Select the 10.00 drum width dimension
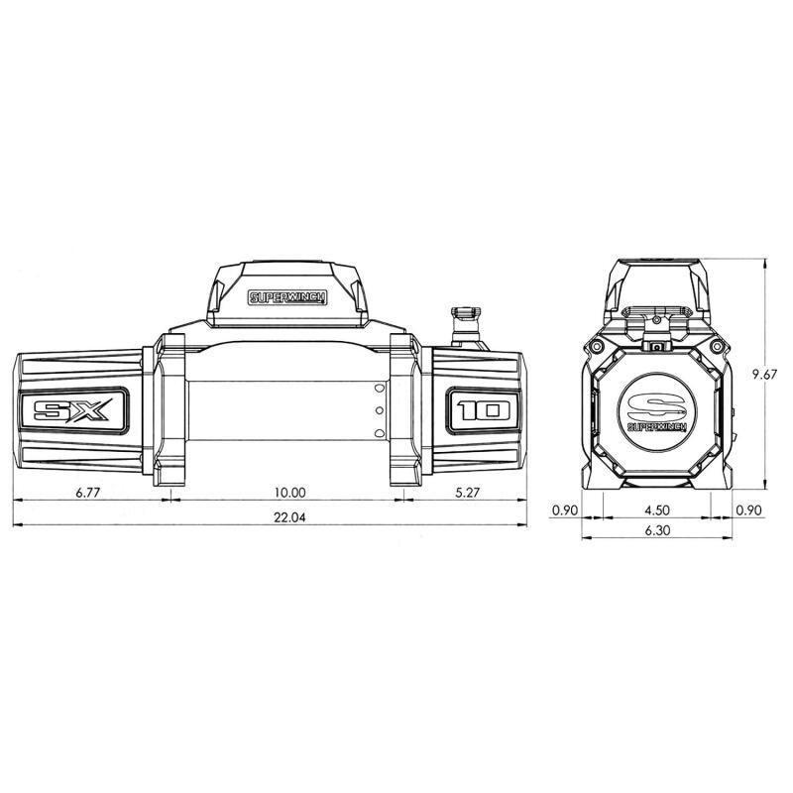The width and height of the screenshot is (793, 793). click(x=289, y=492)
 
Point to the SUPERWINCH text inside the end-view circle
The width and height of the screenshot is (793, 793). click(x=656, y=427)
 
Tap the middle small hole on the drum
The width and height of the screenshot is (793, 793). click(x=378, y=410)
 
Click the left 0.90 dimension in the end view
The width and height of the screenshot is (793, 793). click(x=564, y=510)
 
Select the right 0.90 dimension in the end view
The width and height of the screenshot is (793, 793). click(x=748, y=510)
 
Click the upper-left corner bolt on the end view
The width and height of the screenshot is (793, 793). click(x=599, y=346)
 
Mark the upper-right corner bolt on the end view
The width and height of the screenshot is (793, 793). click(x=715, y=346)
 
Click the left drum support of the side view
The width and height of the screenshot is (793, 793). click(x=169, y=411)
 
